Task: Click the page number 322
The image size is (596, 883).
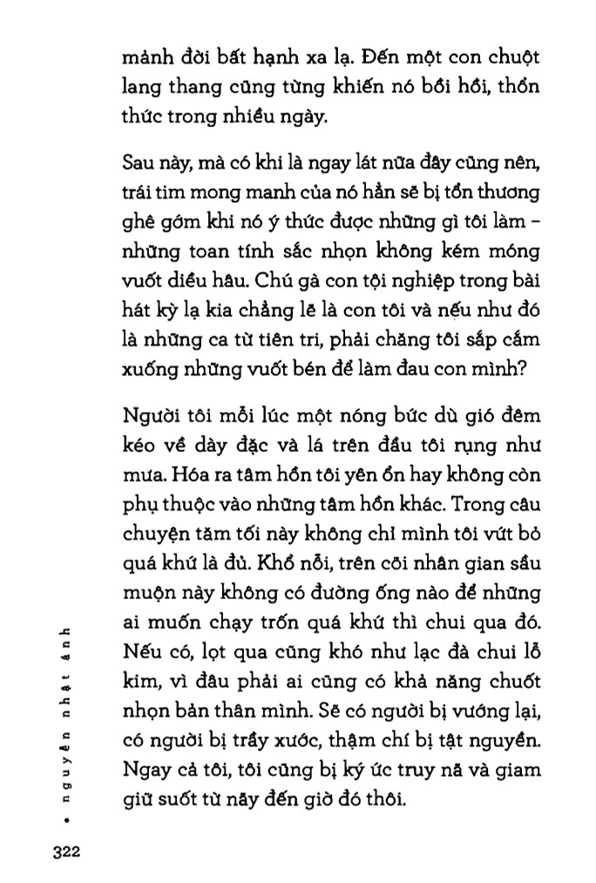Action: click(65, 852)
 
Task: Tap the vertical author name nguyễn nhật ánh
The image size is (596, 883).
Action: click(66, 722)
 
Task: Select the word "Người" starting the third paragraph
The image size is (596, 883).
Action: click(148, 415)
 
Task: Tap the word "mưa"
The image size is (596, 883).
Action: click(140, 473)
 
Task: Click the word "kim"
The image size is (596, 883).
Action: click(138, 680)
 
